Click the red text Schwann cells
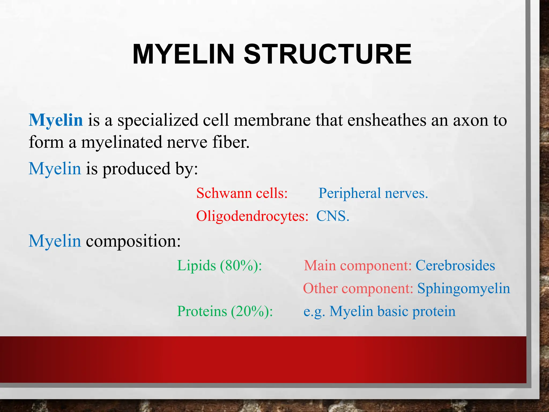[x=242, y=193]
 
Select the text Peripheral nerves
[x=373, y=193]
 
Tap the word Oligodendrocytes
[x=252, y=216]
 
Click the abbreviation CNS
[x=333, y=216]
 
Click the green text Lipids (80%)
[x=219, y=266]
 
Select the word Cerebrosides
[x=455, y=266]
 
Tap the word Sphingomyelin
[x=463, y=289]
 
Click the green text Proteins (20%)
[x=225, y=311]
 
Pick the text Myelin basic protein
[x=392, y=311]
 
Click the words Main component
[x=358, y=266]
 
